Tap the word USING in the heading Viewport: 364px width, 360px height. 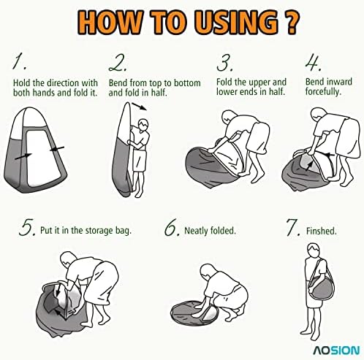tap(235, 23)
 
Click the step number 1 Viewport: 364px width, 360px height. tap(19, 61)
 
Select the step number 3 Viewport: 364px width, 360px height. tap(224, 63)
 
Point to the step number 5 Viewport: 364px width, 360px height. tap(27, 227)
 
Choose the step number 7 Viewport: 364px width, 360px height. tap(293, 227)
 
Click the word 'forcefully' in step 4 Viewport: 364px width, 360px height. tap(323, 92)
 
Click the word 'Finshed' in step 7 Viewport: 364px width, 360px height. tap(321, 231)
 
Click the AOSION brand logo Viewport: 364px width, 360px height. tap(336, 351)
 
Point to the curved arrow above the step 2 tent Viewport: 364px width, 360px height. tap(140, 107)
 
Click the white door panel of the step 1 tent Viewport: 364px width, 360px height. tap(43, 158)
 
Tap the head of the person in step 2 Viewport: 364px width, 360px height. tap(143, 125)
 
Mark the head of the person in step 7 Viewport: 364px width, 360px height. tap(313, 251)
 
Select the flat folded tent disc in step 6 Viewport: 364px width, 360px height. tap(194, 313)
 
